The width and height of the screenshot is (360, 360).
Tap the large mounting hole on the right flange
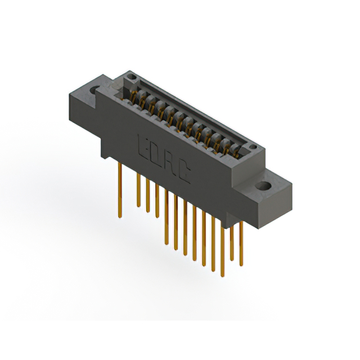click(264, 186)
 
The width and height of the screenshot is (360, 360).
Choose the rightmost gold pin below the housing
click(241, 242)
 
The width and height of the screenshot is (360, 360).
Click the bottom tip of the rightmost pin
click(241, 265)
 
